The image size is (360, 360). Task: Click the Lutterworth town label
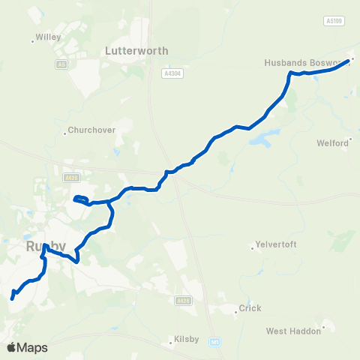(136, 51)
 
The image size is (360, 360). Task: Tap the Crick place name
(249, 308)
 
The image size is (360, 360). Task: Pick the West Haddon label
(295, 330)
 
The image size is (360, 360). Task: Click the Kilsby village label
(186, 339)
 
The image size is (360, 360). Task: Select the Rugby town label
(46, 246)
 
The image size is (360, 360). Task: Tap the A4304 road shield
(172, 73)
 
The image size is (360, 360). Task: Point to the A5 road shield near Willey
(62, 65)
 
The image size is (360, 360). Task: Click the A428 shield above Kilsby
(182, 300)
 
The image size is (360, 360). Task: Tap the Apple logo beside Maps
(11, 347)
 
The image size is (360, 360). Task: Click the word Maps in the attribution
(32, 347)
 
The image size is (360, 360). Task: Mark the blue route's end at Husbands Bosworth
(348, 61)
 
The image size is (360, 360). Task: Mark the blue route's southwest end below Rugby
(12, 298)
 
